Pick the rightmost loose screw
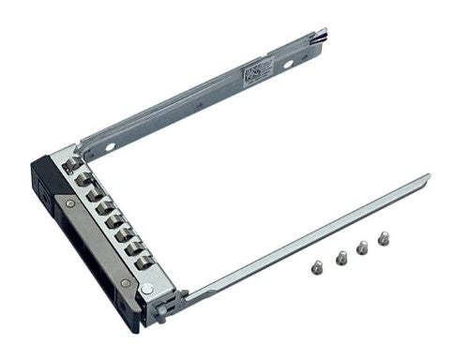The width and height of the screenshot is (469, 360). point(384,238)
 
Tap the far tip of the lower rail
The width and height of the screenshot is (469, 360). point(427,177)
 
